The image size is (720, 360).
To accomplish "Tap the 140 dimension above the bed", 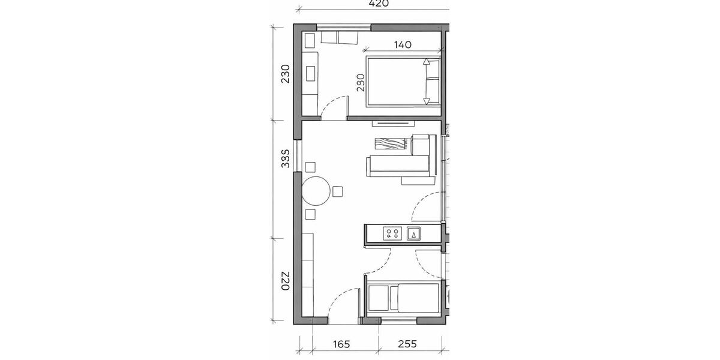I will [403, 44].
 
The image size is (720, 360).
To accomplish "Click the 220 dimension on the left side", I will [286, 281].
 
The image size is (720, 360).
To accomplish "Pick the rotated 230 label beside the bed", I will [361, 82].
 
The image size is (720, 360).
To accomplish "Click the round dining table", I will [316, 192].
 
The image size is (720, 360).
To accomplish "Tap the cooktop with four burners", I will [393, 233].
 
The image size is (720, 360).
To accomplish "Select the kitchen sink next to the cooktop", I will [414, 233].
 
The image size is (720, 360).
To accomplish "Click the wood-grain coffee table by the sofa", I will [389, 145].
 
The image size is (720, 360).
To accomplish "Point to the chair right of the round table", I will [338, 191].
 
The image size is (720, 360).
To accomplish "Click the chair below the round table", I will [310, 214].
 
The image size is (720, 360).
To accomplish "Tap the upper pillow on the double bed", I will [431, 70].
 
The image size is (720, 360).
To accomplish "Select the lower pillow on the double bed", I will [431, 91].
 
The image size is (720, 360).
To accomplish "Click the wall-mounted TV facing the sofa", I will [392, 123].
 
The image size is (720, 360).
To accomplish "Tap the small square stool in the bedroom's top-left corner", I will [310, 41].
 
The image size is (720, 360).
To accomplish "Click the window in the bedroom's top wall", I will [344, 27].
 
